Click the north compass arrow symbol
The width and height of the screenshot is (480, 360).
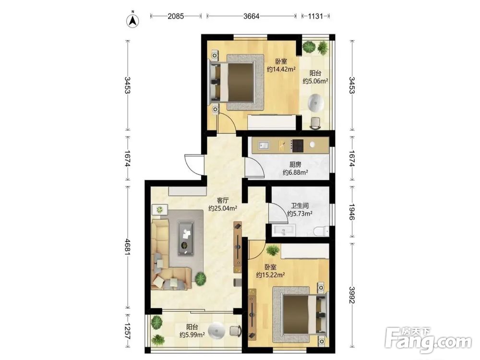(133, 20)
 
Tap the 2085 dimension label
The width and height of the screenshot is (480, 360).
(176, 16)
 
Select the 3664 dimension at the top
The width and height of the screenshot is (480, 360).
(252, 16)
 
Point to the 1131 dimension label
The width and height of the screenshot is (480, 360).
(315, 16)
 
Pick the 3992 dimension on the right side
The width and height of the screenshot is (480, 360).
(352, 295)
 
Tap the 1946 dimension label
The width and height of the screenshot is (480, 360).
(352, 212)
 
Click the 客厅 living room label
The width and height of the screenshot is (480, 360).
(223, 201)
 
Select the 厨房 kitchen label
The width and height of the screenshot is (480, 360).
(295, 164)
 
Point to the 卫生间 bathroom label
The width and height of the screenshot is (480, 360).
(300, 206)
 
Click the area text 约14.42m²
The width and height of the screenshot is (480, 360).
(281, 69)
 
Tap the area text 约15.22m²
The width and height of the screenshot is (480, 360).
(271, 275)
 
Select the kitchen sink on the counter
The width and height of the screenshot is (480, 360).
(264, 145)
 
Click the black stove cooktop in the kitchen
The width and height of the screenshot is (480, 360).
(297, 146)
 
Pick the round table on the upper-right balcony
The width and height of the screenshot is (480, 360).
(315, 103)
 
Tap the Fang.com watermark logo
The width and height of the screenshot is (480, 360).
(428, 340)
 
